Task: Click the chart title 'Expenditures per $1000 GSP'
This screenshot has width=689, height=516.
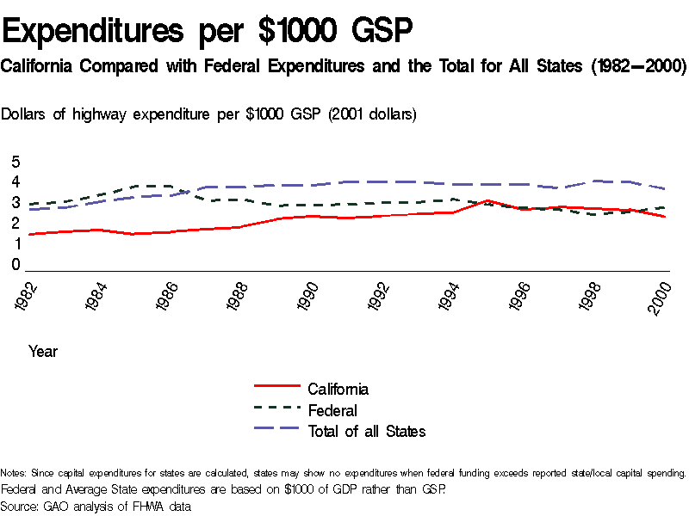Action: click(208, 32)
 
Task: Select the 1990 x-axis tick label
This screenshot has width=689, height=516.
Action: click(307, 296)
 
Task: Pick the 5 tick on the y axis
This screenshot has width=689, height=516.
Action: click(15, 162)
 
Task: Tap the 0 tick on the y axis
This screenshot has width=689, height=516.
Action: click(15, 265)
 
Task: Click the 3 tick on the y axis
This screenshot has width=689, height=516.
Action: click(15, 203)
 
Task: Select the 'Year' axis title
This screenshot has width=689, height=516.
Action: click(43, 351)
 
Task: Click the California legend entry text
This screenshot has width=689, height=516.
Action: click(338, 389)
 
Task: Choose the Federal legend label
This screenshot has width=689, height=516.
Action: click(332, 410)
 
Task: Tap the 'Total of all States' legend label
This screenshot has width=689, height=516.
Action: click(367, 431)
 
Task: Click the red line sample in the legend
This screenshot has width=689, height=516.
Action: click(276, 389)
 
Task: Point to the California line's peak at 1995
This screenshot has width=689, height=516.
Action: click(488, 200)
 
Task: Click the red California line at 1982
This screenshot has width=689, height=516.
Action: click(30, 234)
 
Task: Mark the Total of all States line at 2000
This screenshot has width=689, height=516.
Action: click(663, 189)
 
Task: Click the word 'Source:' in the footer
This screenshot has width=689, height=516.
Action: click(20, 507)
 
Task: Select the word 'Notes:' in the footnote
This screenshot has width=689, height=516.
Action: click(14, 473)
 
